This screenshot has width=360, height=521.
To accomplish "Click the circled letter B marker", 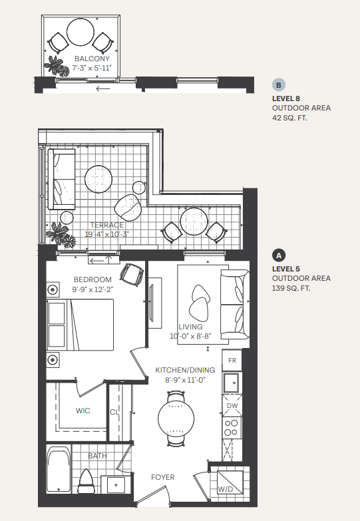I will (279, 85).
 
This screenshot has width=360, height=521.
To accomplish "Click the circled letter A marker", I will (279, 256).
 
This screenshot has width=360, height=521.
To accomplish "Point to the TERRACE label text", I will (106, 225).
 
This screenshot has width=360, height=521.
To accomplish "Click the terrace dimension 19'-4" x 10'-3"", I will (106, 234).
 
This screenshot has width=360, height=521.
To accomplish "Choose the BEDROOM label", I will (92, 279).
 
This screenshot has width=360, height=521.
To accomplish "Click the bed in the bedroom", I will (80, 325).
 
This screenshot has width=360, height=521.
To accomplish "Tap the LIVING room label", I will (190, 327).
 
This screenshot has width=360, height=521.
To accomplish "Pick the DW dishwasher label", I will (233, 405).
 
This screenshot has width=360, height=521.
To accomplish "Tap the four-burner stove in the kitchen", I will (233, 426).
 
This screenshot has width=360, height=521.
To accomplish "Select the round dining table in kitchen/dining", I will (176, 419).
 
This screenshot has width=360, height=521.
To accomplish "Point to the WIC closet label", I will (83, 411).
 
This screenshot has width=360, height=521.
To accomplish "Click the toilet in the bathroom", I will (85, 478).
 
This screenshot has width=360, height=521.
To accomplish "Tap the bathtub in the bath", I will (59, 470).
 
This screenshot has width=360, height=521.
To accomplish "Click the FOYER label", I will (162, 476).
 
